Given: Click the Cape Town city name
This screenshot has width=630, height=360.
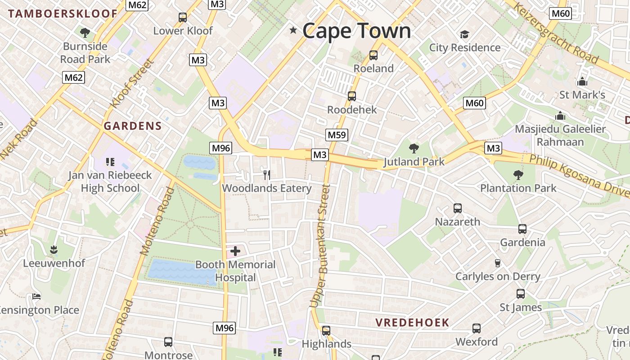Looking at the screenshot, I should tap(356, 31).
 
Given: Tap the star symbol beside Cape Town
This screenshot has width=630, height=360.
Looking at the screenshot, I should tap(293, 30).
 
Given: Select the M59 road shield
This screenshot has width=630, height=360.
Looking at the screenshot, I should tap(337, 135).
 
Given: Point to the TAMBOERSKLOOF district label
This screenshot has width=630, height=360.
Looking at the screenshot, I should tap(63, 13).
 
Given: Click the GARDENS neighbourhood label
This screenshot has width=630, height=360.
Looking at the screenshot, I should tap(132, 126).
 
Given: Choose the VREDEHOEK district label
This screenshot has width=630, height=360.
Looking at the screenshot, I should tap(412, 322).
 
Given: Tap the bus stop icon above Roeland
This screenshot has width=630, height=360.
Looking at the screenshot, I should tap(373, 55).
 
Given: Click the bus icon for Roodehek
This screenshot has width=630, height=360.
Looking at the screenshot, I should tap(352, 96).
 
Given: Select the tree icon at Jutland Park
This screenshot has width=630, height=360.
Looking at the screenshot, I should tap(414, 148).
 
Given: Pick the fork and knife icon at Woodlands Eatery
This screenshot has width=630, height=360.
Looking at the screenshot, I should tap(267, 175).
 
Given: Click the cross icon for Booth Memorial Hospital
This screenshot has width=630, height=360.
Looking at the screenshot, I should tap(235, 251).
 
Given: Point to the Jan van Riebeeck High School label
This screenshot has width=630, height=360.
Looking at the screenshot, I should tap(110, 181).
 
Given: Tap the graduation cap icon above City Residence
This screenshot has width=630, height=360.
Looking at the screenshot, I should tap(464, 34).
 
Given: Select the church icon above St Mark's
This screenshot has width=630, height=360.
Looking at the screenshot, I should tap(582, 82).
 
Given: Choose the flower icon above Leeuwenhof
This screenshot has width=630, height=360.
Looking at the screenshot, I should tap(54, 249).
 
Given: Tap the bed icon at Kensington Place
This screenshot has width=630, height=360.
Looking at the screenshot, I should tap(36, 297).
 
